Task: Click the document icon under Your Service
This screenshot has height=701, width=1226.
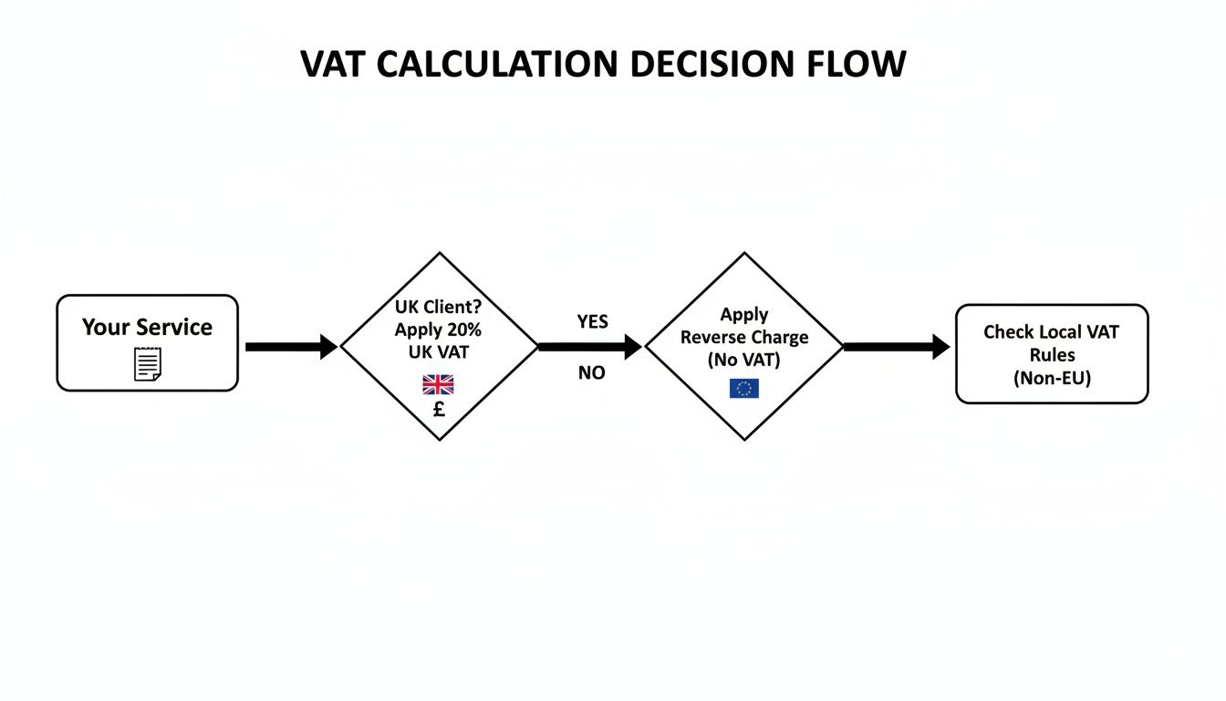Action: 148,363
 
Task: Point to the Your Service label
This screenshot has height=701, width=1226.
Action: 147,327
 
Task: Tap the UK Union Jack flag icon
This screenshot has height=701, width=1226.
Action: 438,384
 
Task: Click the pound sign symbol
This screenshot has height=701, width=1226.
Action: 439,410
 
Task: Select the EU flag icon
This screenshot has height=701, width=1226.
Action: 743,389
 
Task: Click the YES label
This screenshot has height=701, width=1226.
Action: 592,322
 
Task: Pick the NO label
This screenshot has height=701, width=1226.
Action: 591,373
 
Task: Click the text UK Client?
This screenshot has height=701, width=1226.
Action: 439,308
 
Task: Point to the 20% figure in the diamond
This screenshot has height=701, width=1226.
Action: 463,330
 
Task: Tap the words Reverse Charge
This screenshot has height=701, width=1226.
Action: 744,338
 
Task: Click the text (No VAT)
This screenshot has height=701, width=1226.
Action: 744,361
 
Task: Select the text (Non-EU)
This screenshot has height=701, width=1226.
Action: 1052,378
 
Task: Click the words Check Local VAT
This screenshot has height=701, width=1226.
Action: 1051,332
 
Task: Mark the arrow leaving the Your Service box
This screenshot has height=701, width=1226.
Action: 290,347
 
